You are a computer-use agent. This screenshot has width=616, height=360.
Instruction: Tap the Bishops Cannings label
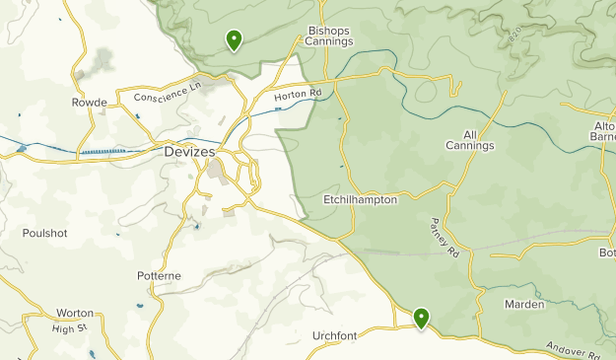[329, 36]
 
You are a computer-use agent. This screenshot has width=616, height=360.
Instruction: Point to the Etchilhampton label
[360, 199]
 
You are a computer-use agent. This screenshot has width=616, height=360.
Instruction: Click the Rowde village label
[88, 102]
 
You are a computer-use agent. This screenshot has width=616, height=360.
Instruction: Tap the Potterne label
[159, 276]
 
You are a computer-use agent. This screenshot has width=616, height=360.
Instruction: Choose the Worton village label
[75, 313]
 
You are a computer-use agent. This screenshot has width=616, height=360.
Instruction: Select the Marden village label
[523, 304]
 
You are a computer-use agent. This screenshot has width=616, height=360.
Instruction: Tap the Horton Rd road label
[298, 96]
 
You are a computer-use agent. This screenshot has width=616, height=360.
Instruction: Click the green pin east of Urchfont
[421, 318]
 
